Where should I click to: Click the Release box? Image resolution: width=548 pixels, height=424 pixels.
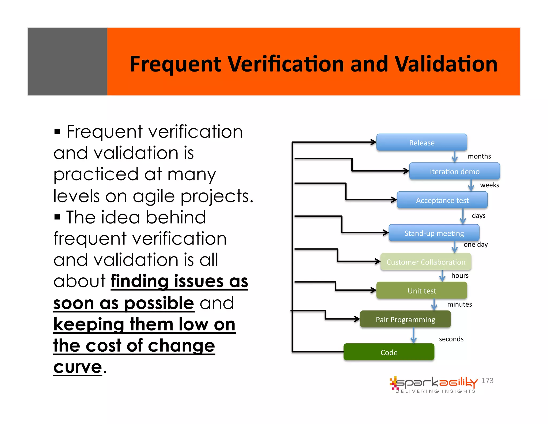click(x=422, y=142)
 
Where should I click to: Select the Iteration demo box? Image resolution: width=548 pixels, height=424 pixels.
click(x=454, y=171)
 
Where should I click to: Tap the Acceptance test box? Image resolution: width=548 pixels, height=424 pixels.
click(x=442, y=200)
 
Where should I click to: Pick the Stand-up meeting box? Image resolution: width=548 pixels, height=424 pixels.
click(x=434, y=233)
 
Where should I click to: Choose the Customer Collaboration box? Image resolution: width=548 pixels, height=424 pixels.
click(x=426, y=262)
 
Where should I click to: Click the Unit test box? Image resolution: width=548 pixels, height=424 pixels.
click(x=422, y=291)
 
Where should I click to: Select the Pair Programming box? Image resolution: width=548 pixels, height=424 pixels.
click(x=405, y=319)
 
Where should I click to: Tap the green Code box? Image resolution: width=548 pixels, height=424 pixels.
click(x=389, y=352)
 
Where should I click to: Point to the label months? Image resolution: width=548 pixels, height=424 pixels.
click(x=479, y=156)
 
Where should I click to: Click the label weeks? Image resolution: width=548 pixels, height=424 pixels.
click(x=489, y=185)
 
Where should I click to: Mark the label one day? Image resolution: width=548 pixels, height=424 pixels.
click(x=475, y=244)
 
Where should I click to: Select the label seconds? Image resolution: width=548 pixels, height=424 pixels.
click(x=451, y=339)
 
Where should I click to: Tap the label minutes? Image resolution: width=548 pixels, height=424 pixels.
click(x=459, y=304)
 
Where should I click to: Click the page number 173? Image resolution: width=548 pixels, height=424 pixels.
click(x=487, y=381)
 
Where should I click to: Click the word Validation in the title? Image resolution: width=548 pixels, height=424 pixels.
click(x=446, y=64)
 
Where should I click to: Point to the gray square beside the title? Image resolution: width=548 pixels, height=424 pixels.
click(x=67, y=61)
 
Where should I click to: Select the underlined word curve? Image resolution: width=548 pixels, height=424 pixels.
click(x=78, y=367)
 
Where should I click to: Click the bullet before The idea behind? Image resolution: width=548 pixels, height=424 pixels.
click(x=57, y=217)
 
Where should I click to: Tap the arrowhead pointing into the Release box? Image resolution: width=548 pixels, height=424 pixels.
click(x=374, y=142)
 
